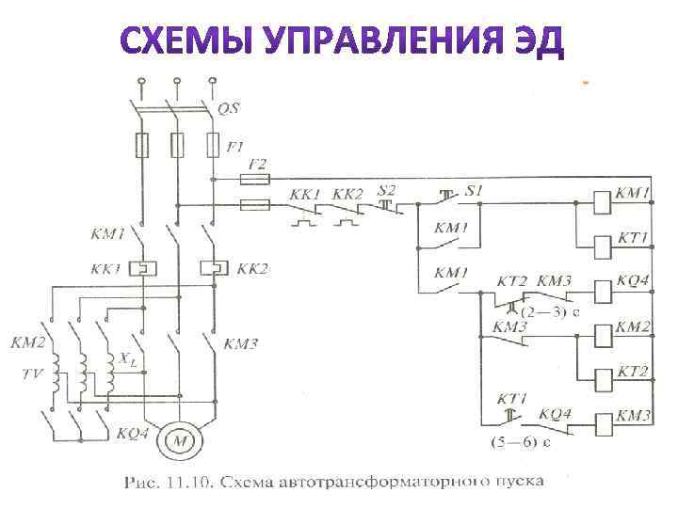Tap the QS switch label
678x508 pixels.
[x=229, y=109]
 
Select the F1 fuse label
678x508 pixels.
[x=236, y=147]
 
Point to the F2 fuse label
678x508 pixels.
[x=256, y=163]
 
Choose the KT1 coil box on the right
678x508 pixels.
[x=602, y=246]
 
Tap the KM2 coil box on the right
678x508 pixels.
[x=602, y=336]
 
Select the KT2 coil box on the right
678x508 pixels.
[x=602, y=378]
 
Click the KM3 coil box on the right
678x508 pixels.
[x=602, y=421]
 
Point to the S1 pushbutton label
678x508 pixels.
[x=474, y=190]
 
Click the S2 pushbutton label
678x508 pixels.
[x=386, y=190]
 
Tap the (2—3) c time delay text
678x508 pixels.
[x=550, y=313]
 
